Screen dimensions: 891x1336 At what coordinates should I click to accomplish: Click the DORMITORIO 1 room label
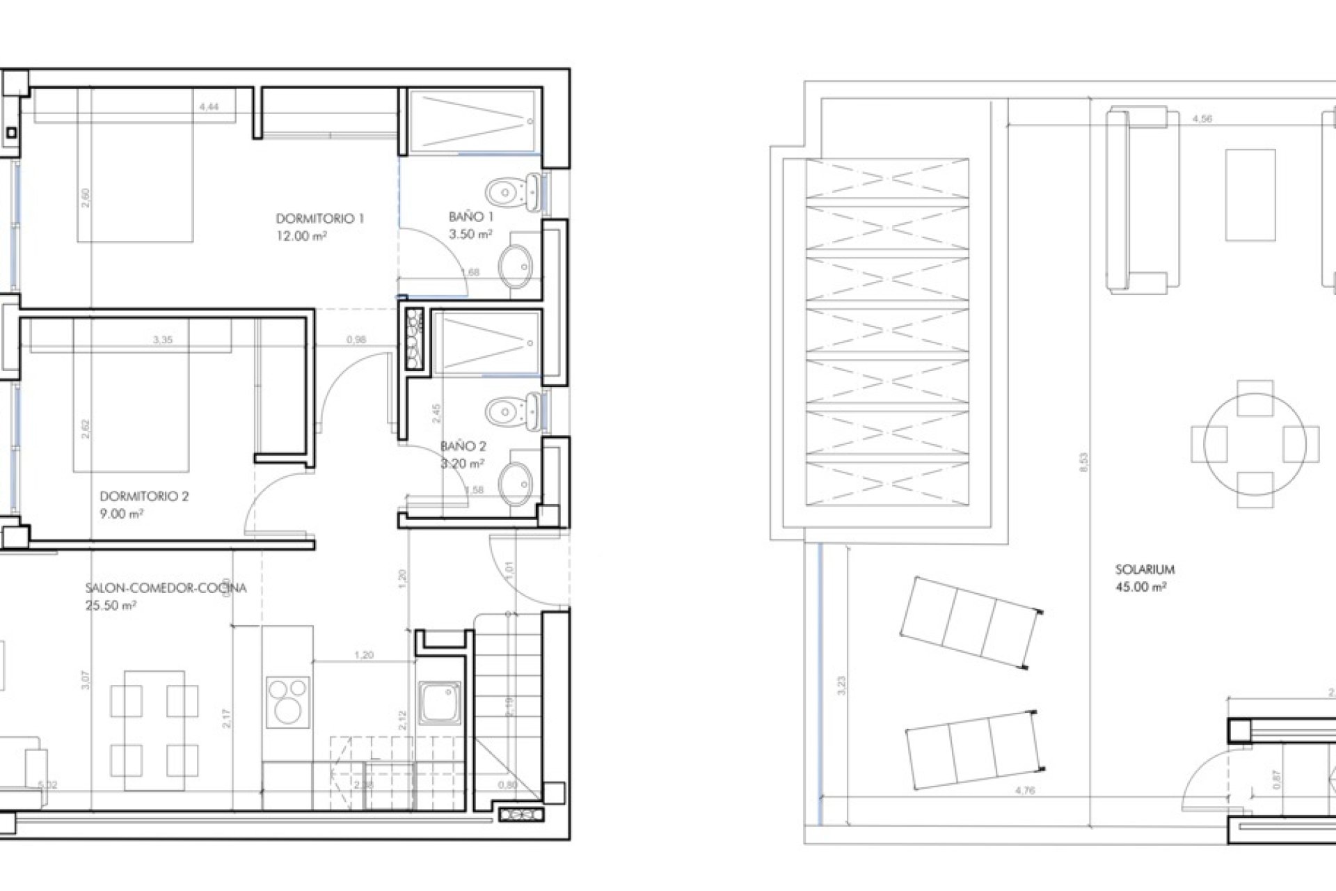(320, 219)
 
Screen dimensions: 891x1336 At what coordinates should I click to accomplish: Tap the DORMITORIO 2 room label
(144, 496)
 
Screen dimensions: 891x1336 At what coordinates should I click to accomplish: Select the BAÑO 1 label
(471, 217)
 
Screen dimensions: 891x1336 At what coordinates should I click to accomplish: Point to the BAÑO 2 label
(463, 446)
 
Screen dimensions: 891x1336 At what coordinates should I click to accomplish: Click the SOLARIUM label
(1145, 569)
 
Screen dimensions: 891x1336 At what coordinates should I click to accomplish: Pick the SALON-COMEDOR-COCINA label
(166, 588)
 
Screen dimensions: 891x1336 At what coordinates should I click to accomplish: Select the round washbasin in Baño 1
(516, 266)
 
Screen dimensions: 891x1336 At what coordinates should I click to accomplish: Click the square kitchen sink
(439, 702)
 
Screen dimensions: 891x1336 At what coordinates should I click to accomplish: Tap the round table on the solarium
(1255, 443)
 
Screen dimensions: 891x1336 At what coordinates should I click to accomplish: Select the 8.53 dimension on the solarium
(1083, 463)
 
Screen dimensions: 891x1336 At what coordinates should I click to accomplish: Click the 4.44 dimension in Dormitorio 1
(209, 107)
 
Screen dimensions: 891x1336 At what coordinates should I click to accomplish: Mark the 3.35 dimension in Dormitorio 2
(162, 340)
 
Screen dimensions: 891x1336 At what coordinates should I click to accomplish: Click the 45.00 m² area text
(1140, 587)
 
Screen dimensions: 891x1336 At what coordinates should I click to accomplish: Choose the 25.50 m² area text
(111, 606)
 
